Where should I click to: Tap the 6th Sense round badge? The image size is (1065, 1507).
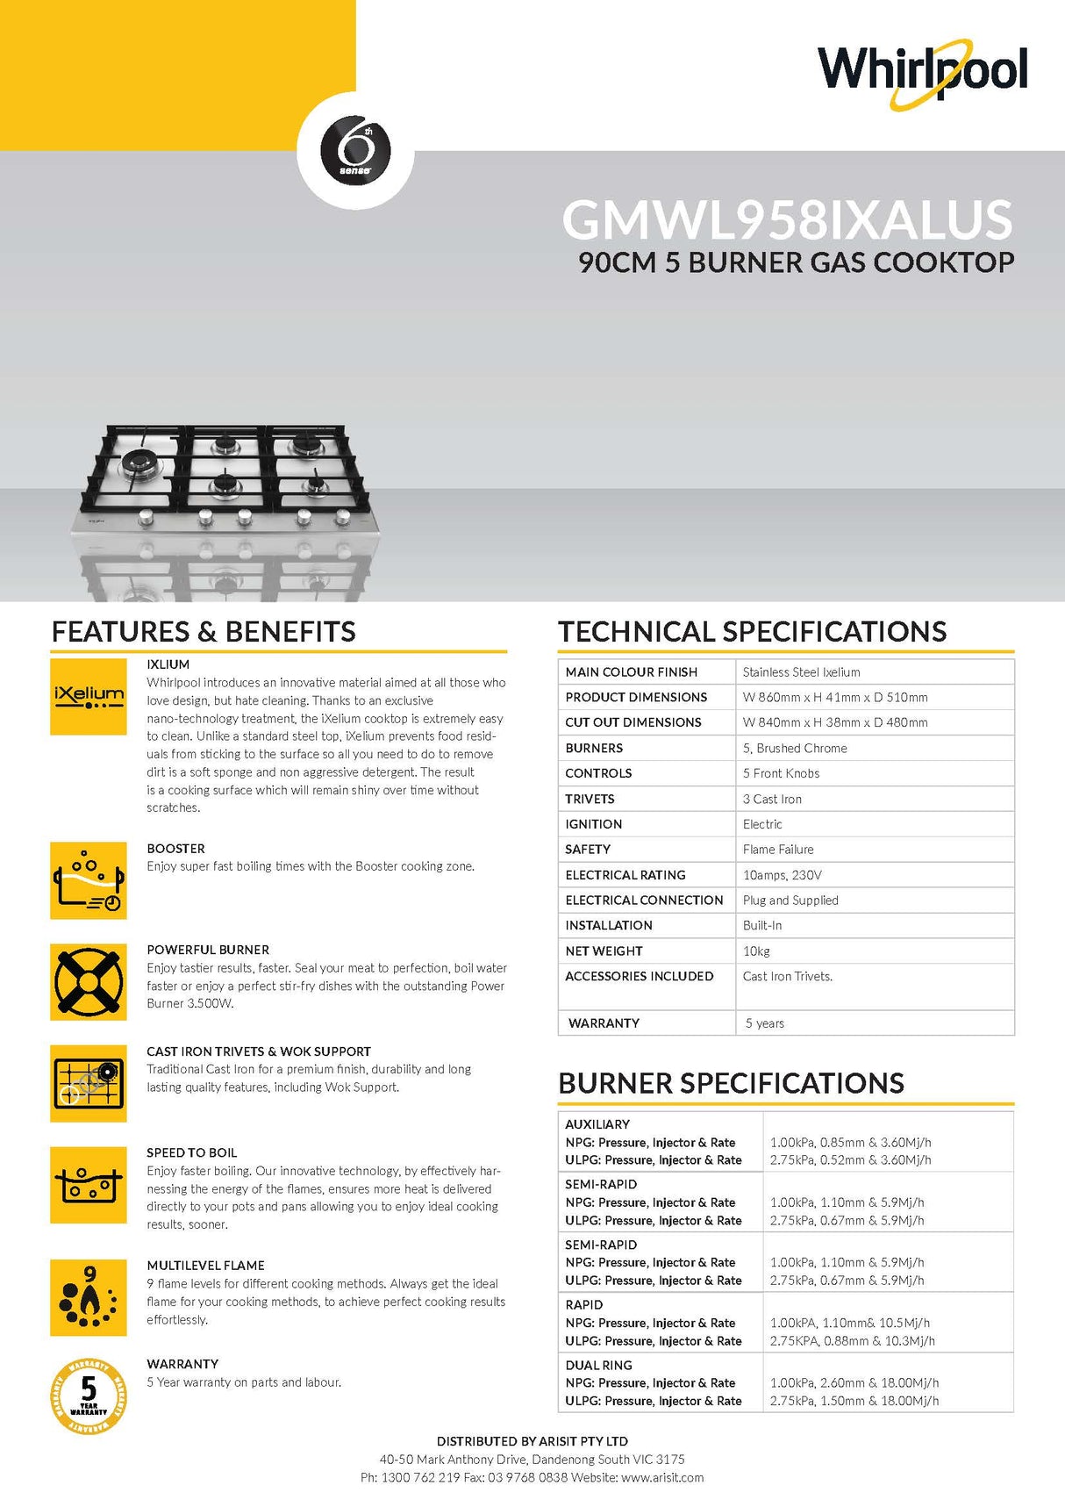tap(356, 150)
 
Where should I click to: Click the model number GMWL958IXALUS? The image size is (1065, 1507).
tap(787, 219)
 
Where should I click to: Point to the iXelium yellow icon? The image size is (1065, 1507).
tap(89, 697)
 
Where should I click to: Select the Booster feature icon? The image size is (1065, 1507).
tap(89, 880)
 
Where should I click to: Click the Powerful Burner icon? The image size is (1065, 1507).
tap(89, 981)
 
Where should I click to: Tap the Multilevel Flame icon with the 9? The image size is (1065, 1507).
tap(89, 1297)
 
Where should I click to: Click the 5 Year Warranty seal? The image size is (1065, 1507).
tap(89, 1396)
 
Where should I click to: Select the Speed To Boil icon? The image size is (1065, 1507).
tap(89, 1184)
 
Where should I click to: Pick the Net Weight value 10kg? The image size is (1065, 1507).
tap(756, 951)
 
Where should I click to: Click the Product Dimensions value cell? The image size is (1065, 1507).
tap(834, 697)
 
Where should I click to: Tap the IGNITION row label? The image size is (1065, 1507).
tap(594, 824)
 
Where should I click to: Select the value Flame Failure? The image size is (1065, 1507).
tap(778, 849)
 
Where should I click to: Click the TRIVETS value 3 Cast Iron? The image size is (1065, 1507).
tap(772, 799)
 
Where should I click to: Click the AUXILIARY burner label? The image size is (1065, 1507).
tap(597, 1124)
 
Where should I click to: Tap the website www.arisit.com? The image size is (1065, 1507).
tap(662, 1477)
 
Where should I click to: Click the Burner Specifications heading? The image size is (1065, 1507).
tap(731, 1083)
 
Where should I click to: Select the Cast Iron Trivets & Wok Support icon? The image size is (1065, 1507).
tap(89, 1083)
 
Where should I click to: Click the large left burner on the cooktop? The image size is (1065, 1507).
tap(139, 461)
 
